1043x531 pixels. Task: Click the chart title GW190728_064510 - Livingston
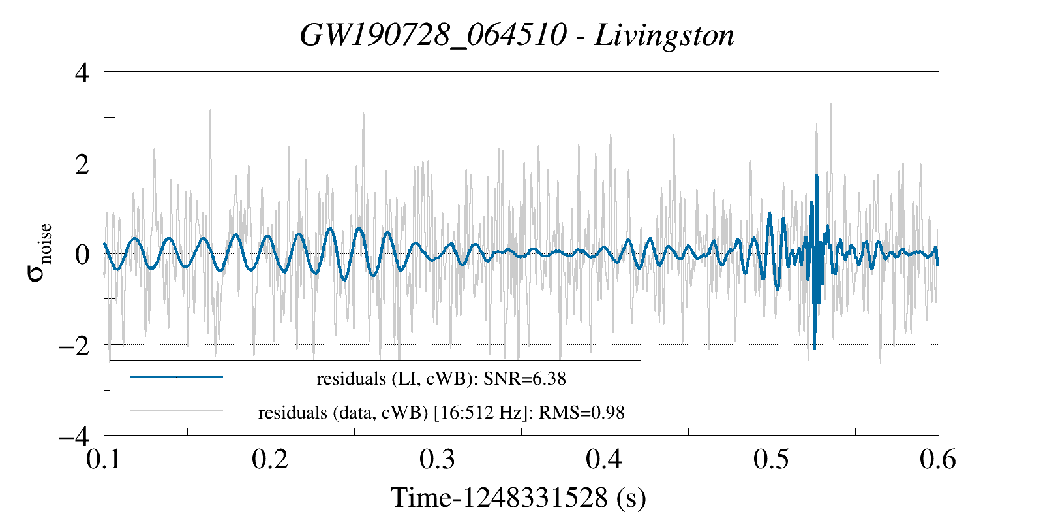tap(517, 35)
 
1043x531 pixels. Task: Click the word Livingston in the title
tap(665, 35)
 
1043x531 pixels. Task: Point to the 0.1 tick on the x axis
tap(104, 459)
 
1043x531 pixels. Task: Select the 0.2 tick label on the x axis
tap(270, 459)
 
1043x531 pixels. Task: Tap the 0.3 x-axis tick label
tap(437, 459)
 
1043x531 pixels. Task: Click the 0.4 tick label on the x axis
tap(604, 459)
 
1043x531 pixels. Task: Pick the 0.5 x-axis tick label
tap(771, 459)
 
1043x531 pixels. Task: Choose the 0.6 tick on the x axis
tap(938, 459)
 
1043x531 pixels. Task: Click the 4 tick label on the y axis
tap(82, 72)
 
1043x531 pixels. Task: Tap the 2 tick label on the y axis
tap(82, 163)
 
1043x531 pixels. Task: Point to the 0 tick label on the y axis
tap(82, 254)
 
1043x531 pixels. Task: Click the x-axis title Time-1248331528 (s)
tap(519, 498)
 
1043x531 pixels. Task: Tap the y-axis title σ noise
tap(40, 253)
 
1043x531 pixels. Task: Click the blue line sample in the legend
tap(177, 377)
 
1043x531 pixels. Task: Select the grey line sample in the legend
tap(177, 411)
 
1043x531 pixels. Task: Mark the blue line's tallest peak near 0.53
tap(816, 176)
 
